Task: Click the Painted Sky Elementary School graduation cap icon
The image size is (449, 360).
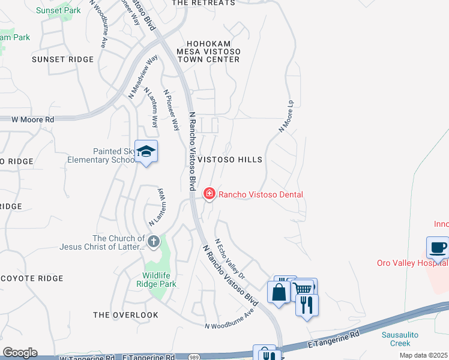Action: point(146,152)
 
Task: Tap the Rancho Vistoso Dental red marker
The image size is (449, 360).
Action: point(209,193)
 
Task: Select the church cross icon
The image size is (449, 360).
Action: point(153,242)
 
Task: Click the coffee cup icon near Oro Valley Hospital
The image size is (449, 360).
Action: point(437,247)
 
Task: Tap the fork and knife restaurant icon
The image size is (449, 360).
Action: point(307,305)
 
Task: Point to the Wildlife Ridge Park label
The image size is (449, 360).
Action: point(160,280)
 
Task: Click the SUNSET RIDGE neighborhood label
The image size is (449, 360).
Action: point(63,59)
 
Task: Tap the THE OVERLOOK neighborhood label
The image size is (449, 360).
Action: point(126,315)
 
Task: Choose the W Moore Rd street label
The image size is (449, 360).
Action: point(33,119)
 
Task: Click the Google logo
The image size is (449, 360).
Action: point(20,352)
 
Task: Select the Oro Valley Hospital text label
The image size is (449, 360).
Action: point(412,263)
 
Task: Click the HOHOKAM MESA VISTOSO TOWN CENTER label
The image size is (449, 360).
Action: point(208,52)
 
